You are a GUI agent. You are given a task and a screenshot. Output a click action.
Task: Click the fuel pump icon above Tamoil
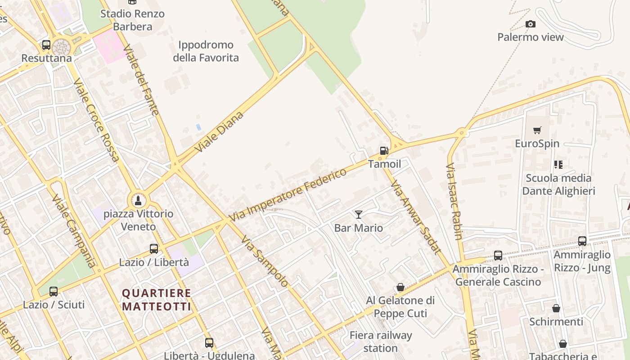coord(384,151)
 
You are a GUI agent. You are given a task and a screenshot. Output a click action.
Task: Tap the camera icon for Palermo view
coord(531,24)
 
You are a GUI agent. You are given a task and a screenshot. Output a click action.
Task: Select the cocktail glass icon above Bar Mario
coord(359,215)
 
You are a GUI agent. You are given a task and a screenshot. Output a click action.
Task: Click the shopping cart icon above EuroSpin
coord(537,130)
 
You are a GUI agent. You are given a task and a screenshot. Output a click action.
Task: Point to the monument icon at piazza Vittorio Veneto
coord(138,200)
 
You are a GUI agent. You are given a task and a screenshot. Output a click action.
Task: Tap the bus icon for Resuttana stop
coord(46,45)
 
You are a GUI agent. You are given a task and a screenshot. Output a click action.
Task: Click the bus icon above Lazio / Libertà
coord(154,248)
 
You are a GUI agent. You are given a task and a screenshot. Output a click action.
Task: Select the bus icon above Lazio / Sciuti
coord(54,291)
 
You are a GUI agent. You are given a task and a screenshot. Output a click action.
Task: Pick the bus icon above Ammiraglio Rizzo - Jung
coord(582,241)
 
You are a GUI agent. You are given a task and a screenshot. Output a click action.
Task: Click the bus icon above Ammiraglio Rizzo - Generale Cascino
coord(498,256)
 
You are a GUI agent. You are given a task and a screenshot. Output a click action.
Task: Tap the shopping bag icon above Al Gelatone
coord(400,287)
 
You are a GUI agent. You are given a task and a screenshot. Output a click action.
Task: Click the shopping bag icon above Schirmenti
coord(556,308)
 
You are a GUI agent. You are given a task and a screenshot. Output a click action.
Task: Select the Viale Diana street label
coord(220,131)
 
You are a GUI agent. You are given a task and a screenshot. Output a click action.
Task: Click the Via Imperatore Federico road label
coord(288,194)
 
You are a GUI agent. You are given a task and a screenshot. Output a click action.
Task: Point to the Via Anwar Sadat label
coord(415,217)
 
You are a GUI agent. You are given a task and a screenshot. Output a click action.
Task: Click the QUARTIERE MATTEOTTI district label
coord(157,300)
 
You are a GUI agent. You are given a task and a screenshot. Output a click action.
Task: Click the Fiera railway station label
coord(381,342)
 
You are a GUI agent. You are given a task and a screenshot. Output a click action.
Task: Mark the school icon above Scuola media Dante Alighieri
coord(558,165)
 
